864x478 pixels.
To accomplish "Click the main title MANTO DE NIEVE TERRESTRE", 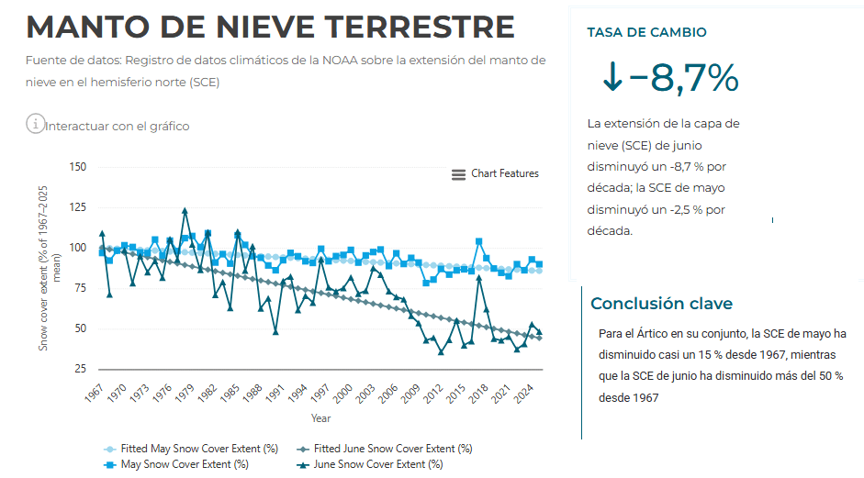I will pyautogui.click(x=270, y=28).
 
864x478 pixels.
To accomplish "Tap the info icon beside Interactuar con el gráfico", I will pyautogui.click(x=35, y=124).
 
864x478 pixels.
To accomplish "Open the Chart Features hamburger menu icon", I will pyautogui.click(x=458, y=174).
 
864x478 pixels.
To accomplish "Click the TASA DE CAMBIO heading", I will pyautogui.click(x=646, y=32).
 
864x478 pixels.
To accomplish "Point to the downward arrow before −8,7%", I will pyautogui.click(x=612, y=79).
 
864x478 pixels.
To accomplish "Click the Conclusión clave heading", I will pyautogui.click(x=661, y=304).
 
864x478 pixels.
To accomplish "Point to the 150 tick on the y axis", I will pyautogui.click(x=77, y=167).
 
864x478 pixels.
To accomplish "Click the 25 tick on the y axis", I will pyautogui.click(x=80, y=369).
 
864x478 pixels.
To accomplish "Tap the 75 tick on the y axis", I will pyautogui.click(x=80, y=288).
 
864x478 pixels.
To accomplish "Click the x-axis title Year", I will pyautogui.click(x=320, y=418).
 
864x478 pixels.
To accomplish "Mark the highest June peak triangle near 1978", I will pyautogui.click(x=185, y=211).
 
